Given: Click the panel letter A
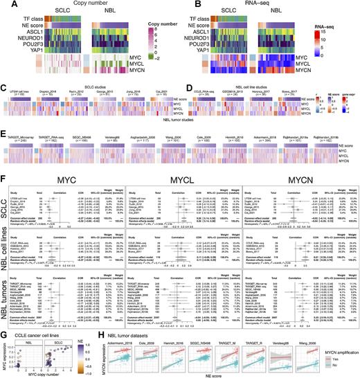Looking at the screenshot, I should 3,4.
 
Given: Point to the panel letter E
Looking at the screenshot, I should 3,128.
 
